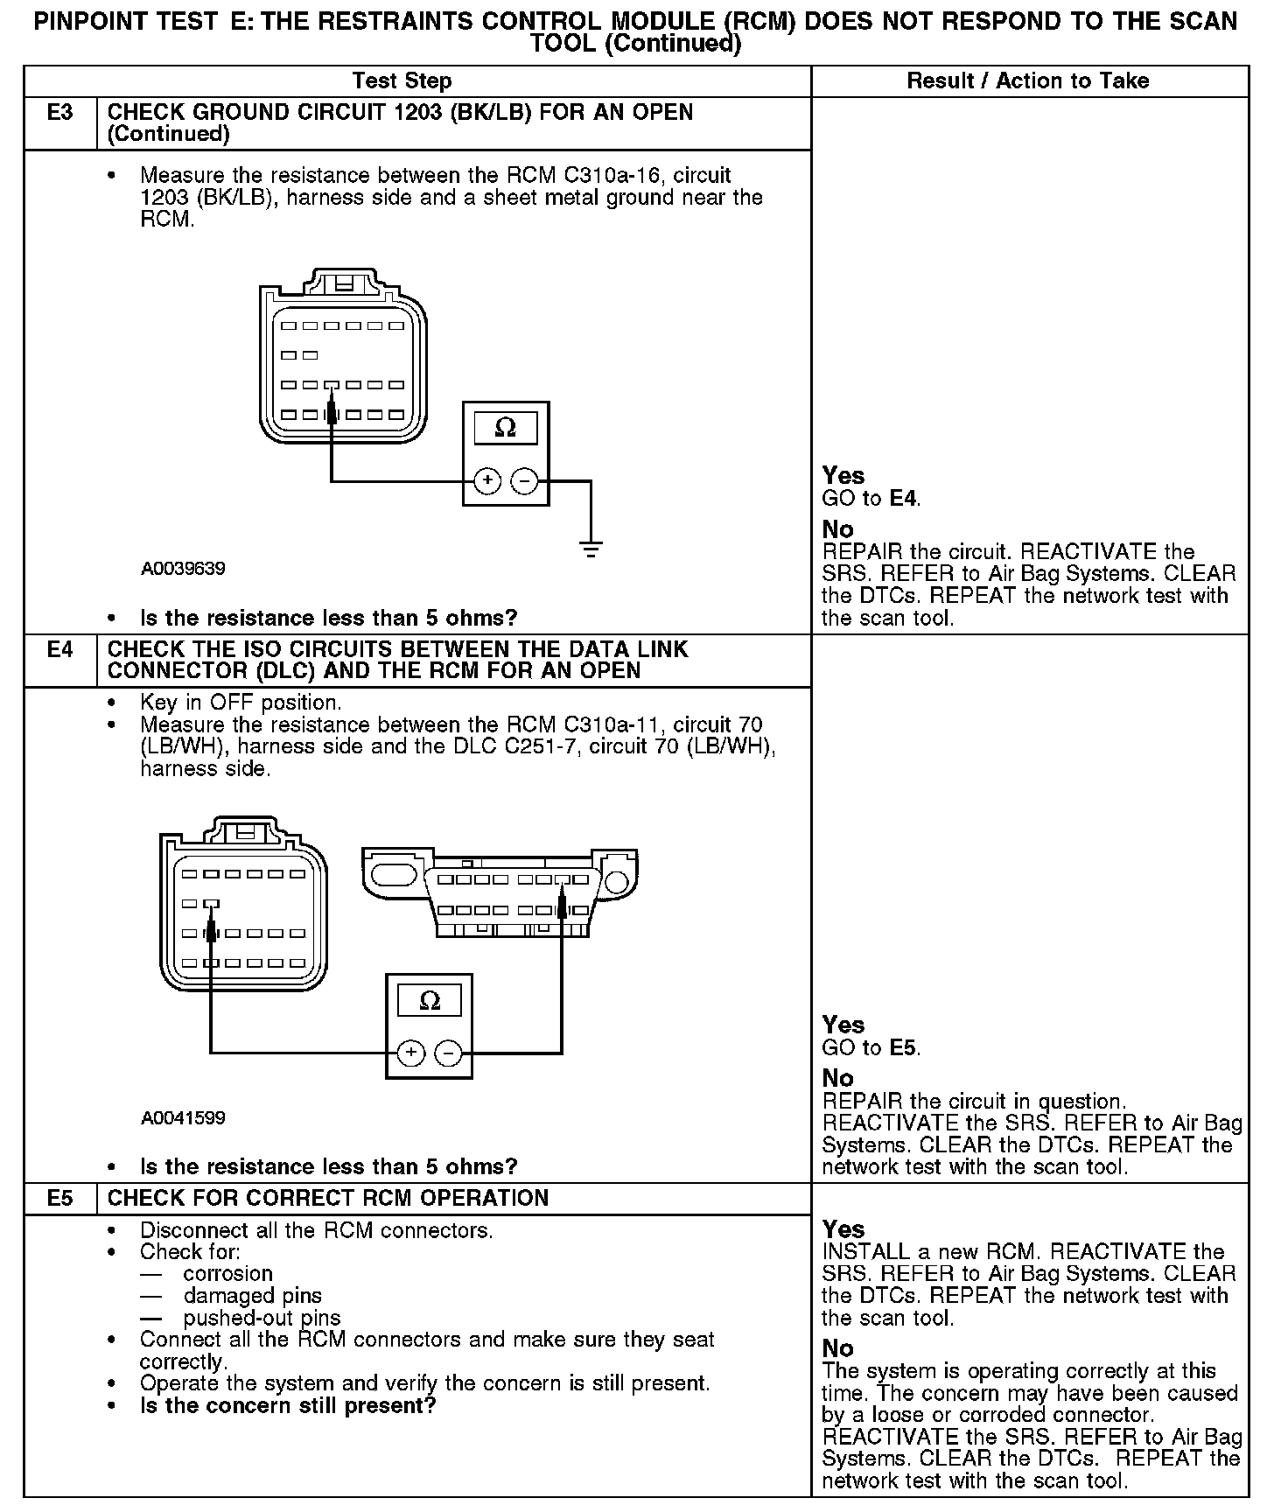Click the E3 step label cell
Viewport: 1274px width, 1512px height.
[x=59, y=113]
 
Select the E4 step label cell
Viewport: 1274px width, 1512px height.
[x=59, y=650]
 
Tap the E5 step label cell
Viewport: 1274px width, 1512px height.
[x=59, y=1198]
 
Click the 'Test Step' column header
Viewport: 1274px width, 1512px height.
[x=402, y=81]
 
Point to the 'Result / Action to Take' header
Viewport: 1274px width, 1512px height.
[x=1028, y=81]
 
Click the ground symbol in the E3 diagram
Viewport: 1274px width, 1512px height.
[x=591, y=550]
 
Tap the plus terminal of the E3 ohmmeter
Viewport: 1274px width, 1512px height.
[x=487, y=480]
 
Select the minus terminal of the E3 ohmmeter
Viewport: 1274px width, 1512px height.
[x=523, y=480]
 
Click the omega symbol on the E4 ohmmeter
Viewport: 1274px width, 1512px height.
[x=430, y=1000]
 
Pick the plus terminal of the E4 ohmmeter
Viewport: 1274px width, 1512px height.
[x=411, y=1053]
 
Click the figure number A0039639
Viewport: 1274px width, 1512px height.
[x=183, y=569]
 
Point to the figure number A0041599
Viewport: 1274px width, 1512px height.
[x=183, y=1117]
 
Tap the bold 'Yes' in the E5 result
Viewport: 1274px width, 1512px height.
[x=843, y=1229]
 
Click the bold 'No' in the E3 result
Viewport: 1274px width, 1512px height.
[x=837, y=529]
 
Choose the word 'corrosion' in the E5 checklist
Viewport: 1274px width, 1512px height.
[x=228, y=1274]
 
